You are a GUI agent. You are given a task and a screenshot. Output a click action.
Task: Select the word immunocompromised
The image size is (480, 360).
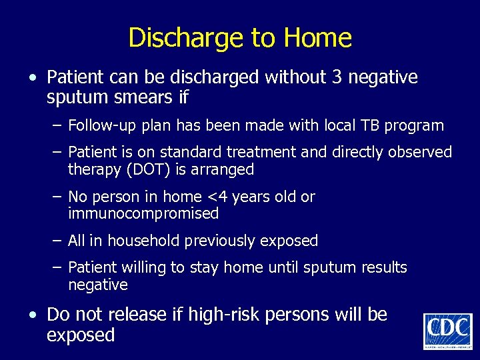[143, 213]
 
